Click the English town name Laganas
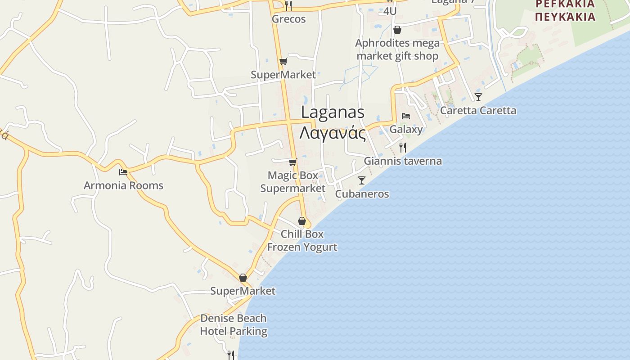333,112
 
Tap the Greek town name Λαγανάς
333,133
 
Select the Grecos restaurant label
288,19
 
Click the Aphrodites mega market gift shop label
397,49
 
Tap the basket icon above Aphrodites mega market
397,30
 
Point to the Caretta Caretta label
478,111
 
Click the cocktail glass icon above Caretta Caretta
478,97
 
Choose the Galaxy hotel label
406,130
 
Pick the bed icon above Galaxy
406,116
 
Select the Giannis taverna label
403,161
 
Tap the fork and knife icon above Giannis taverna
403,147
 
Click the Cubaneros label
362,194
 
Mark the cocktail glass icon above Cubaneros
361,180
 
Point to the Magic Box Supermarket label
293,182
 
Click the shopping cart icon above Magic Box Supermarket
293,162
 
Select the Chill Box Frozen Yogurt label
302,241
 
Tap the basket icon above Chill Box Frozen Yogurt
302,221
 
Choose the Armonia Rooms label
123,185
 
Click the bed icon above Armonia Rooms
123,172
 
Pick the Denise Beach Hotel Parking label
233,325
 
